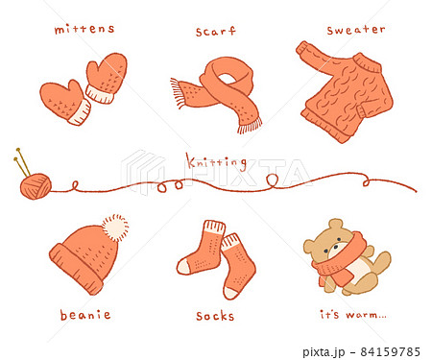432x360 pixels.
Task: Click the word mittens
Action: click(x=84, y=29)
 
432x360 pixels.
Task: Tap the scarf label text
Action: click(x=216, y=31)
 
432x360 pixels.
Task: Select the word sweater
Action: click(x=356, y=30)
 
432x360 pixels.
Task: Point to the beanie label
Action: click(x=85, y=315)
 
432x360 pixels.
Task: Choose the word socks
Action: click(x=215, y=316)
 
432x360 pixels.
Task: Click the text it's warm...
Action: click(x=353, y=314)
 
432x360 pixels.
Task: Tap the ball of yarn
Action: click(x=36, y=186)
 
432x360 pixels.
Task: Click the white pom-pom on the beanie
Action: click(x=115, y=228)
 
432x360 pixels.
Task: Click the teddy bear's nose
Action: click(x=335, y=247)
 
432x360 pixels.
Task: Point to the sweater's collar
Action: click(x=368, y=62)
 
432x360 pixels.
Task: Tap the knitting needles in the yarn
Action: click(x=22, y=162)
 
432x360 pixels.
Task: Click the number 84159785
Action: click(x=391, y=351)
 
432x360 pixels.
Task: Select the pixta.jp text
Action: click(x=324, y=352)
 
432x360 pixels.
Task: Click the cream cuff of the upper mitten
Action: click(x=100, y=94)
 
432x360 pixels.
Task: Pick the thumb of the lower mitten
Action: click(x=74, y=87)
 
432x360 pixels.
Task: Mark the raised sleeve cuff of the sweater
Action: click(x=302, y=49)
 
